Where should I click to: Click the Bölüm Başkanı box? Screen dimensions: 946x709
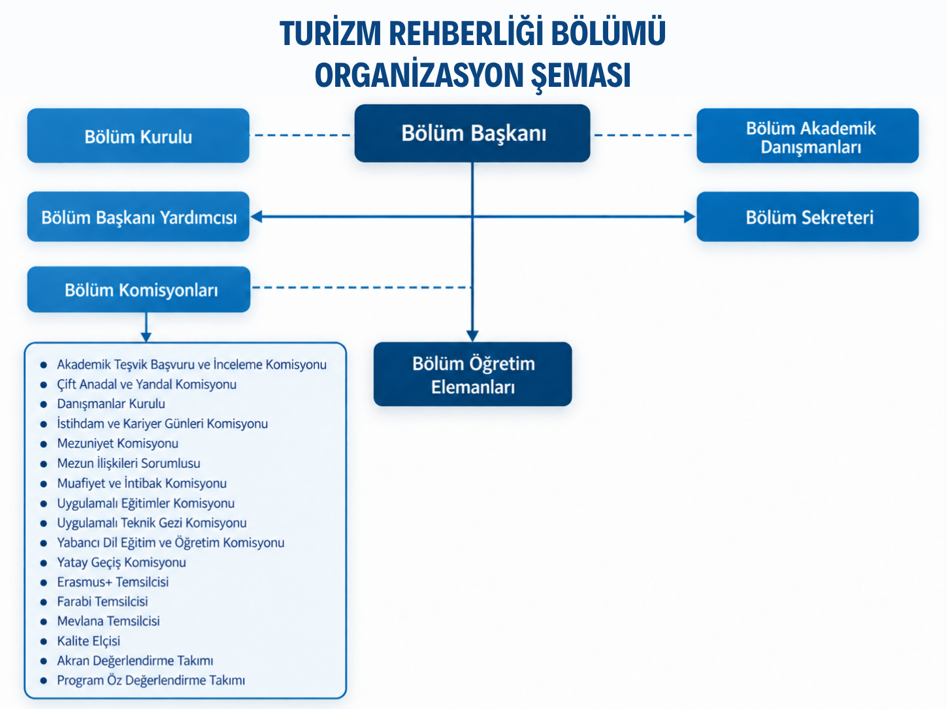472,133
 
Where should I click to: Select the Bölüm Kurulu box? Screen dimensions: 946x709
139,136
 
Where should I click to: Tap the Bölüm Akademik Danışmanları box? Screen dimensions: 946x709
807,136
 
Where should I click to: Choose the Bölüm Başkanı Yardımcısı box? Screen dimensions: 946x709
139,217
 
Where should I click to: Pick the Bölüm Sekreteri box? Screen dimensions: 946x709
807,217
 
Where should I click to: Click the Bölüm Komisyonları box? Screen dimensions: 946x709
139,289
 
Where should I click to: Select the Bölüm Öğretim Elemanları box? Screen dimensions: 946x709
473,374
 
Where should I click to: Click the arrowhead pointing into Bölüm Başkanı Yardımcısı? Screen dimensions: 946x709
257,217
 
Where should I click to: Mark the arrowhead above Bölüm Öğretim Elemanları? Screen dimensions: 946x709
472,336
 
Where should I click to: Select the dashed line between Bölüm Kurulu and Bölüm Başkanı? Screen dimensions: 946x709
302,135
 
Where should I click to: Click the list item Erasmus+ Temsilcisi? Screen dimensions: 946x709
113,582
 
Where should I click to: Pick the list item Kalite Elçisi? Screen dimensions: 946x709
89,641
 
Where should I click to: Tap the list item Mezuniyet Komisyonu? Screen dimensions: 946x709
118,443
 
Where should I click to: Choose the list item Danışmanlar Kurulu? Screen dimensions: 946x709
111,403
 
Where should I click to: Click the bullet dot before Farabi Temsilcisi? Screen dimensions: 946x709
44,602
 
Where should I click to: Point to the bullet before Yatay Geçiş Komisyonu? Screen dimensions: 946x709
44,563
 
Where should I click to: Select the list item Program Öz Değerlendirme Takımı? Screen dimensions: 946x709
151,680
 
